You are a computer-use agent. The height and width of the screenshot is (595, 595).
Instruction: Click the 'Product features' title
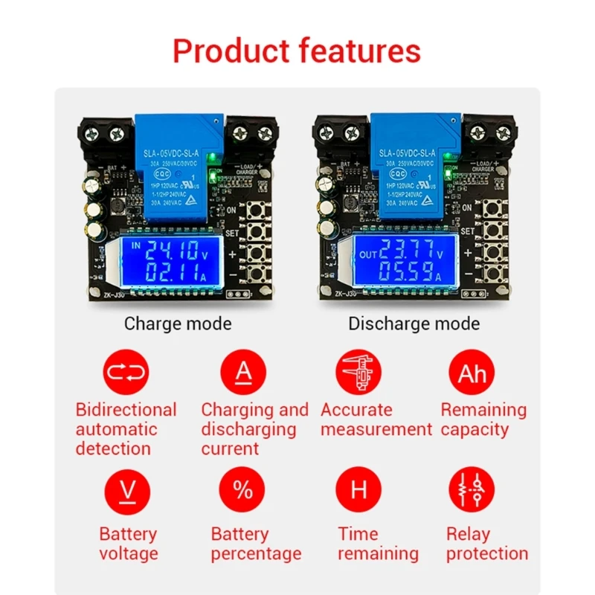[x=297, y=51]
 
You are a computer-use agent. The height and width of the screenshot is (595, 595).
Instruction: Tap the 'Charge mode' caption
[x=178, y=324]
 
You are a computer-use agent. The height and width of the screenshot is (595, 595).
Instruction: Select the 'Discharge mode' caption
[x=414, y=324]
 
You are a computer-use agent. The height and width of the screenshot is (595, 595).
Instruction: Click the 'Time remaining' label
[x=378, y=544]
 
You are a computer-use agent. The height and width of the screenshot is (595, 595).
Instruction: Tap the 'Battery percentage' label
[x=256, y=544]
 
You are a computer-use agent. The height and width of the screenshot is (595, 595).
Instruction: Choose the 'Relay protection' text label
[x=487, y=544]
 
